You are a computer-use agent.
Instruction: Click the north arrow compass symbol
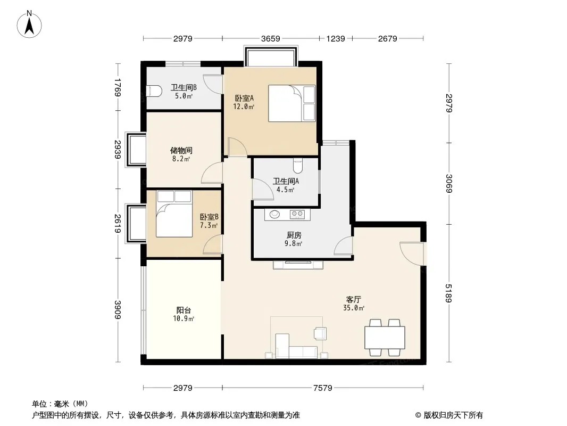[30, 24]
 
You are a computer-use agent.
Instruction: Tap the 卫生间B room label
[184, 88]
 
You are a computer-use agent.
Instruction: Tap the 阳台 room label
[184, 310]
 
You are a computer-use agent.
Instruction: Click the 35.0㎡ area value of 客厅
[354, 308]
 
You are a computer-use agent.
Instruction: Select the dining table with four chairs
[384, 337]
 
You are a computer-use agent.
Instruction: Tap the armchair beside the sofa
[321, 333]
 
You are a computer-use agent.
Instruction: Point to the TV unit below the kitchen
[298, 264]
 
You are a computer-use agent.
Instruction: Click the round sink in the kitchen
[274, 215]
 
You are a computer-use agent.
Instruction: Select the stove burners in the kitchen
[297, 215]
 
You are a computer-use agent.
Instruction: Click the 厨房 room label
[294, 235]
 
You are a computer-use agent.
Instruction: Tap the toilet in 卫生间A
[298, 167]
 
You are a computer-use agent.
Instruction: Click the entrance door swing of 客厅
[411, 253]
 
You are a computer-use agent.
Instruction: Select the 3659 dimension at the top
[270, 38]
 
